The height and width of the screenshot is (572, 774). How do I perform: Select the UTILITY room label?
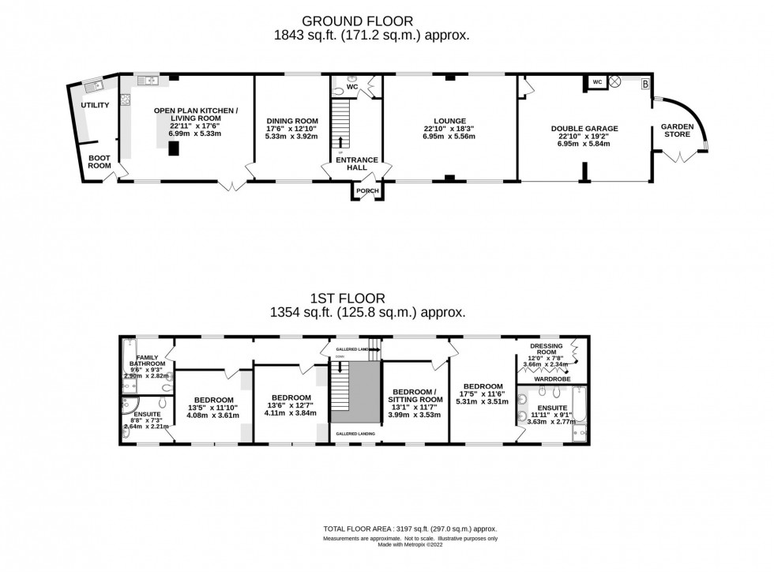(x=95, y=105)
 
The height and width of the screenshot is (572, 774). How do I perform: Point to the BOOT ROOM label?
(x=100, y=161)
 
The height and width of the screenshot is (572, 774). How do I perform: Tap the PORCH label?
(x=367, y=190)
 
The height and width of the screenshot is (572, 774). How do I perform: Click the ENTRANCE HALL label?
(x=357, y=164)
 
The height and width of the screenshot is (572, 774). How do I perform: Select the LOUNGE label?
(x=449, y=120)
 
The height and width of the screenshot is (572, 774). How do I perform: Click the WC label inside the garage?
(x=597, y=81)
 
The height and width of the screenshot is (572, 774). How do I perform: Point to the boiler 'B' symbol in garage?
(x=644, y=82)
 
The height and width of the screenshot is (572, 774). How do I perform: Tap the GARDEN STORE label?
(x=677, y=130)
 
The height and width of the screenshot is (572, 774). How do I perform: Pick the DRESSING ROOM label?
(x=546, y=349)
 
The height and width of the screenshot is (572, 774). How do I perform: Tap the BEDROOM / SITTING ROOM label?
(x=414, y=396)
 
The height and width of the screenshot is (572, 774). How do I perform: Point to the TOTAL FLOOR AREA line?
(x=409, y=529)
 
